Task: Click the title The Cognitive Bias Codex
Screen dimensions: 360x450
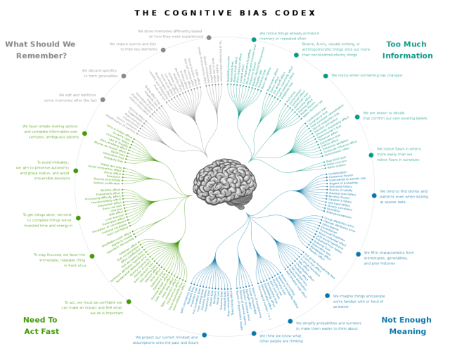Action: [224, 13]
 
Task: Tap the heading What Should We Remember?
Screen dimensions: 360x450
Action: [40, 49]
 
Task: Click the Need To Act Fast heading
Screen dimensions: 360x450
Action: [41, 325]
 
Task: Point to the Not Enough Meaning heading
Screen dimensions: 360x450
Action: [407, 326]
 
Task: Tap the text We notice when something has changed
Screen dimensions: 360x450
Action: [366, 75]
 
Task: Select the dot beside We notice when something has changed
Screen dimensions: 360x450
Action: [326, 76]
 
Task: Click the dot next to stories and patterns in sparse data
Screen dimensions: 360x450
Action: [374, 195]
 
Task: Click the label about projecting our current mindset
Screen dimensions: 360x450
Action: [167, 340]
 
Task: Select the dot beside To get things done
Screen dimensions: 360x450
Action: [78, 218]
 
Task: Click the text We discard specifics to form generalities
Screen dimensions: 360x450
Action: [98, 73]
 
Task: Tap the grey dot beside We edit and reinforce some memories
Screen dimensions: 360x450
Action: [103, 99]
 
